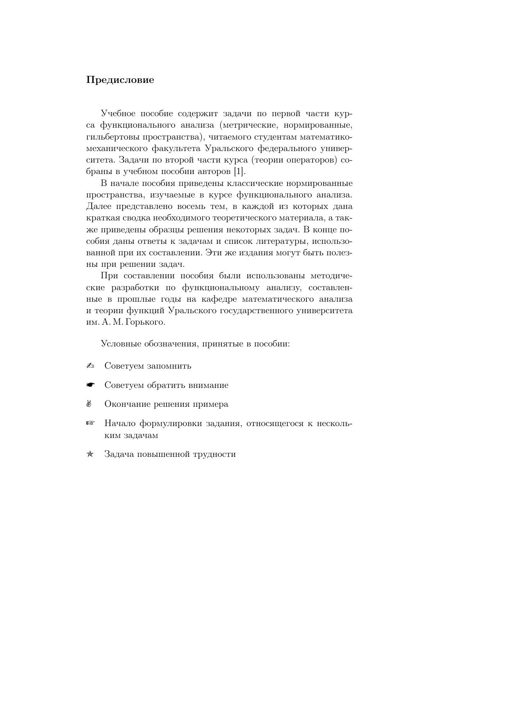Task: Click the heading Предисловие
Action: coord(120,80)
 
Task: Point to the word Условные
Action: coord(121,344)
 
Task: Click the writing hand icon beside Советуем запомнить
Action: coord(90,366)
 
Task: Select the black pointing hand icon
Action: coord(90,385)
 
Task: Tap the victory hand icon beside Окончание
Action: coord(89,404)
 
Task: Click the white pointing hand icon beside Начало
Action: coord(90,423)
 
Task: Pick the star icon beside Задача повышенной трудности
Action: coord(90,454)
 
